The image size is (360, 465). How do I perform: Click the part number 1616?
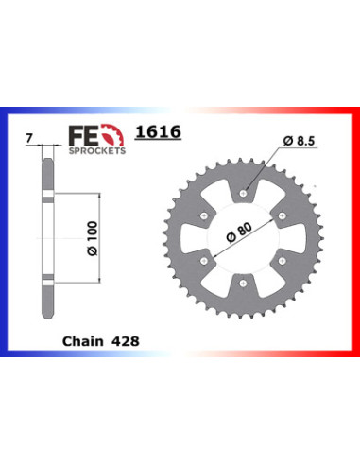[x=158, y=132]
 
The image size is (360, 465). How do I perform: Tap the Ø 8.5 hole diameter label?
[x=299, y=141]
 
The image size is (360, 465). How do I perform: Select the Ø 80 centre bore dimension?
[x=239, y=232]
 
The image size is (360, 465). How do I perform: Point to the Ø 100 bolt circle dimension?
[x=93, y=238]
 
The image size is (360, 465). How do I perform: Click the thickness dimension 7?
[x=29, y=139]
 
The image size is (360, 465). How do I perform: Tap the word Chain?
[x=83, y=341]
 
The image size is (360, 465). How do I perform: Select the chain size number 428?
[x=125, y=341]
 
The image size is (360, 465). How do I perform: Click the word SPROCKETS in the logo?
[x=97, y=151]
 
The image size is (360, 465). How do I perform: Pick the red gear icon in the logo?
[x=112, y=135]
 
